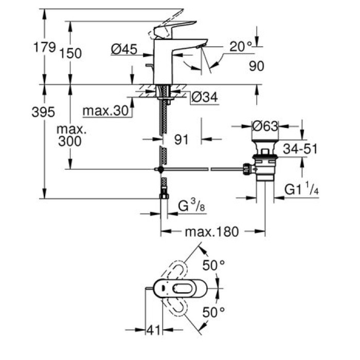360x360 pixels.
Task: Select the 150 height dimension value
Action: tap(70, 53)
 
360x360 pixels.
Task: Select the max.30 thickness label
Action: tap(105, 111)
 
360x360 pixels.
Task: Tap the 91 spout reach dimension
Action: tap(181, 138)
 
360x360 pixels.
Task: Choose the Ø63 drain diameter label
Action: tap(265, 125)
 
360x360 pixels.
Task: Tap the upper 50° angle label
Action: tap(214, 266)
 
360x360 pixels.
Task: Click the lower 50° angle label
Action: tap(214, 311)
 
